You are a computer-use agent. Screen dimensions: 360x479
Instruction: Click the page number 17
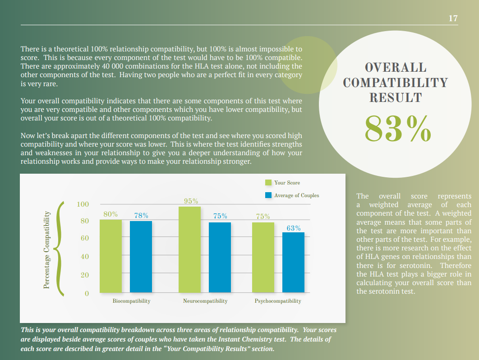pos(453,18)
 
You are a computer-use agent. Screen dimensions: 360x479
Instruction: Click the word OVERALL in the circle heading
pos(396,68)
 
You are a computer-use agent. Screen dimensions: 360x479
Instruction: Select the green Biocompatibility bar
pos(111,256)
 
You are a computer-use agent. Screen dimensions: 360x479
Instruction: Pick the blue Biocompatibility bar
pos(141,257)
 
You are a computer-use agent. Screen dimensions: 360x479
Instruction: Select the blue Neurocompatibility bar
pos(220,257)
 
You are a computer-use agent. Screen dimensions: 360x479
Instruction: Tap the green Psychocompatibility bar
pos(263,257)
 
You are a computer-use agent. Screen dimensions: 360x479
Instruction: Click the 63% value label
pos(294,228)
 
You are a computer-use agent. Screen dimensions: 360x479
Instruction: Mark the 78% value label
pos(141,216)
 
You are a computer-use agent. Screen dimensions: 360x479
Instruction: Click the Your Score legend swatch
pos(268,183)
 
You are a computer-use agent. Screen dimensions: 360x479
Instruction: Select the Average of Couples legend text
pos(296,195)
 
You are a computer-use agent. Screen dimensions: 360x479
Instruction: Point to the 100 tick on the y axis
pos(83,204)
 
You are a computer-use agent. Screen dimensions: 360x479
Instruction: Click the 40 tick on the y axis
pos(84,257)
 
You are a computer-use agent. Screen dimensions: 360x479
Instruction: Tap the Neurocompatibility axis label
pos(205,301)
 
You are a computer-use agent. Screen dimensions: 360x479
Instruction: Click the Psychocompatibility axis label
pos(277,301)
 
